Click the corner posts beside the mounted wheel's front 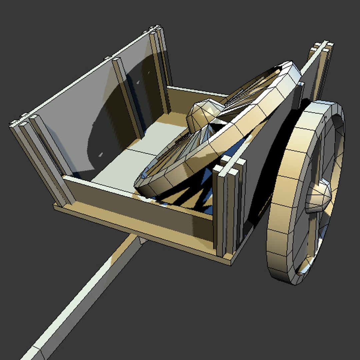pos(230,207)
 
